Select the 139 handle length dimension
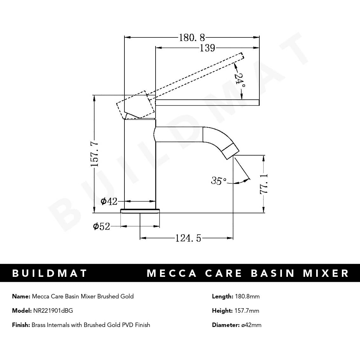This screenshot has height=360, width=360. tap(207, 48)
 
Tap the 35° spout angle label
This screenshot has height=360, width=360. tap(218, 181)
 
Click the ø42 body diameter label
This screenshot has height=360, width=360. tap(109, 201)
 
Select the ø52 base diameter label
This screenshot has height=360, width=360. tap(102, 226)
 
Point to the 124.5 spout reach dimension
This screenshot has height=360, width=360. tap(188, 238)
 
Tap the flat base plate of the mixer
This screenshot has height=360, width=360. tap(140, 211)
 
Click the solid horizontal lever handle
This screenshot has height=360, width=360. tap(208, 102)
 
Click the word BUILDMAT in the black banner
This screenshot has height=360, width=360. tap(50, 273)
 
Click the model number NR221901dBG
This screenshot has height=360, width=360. tap(53, 310)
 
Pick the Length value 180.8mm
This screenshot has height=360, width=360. tap(247, 297)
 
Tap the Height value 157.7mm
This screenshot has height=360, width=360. tap(247, 310)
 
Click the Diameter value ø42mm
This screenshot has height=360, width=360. tap(251, 325)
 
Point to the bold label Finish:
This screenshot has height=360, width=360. tap(21, 325)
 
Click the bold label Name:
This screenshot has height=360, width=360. tap(21, 297)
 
